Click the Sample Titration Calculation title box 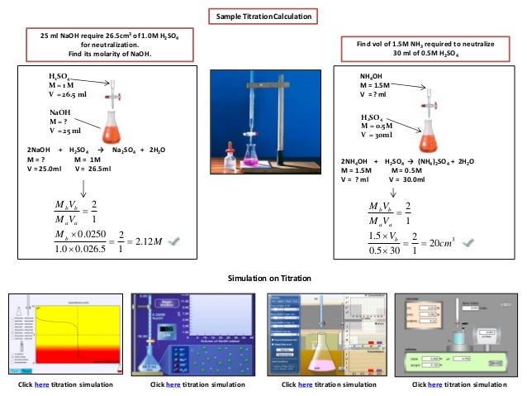click(x=263, y=17)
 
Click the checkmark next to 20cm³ click(x=467, y=241)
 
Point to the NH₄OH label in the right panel click(x=371, y=76)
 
